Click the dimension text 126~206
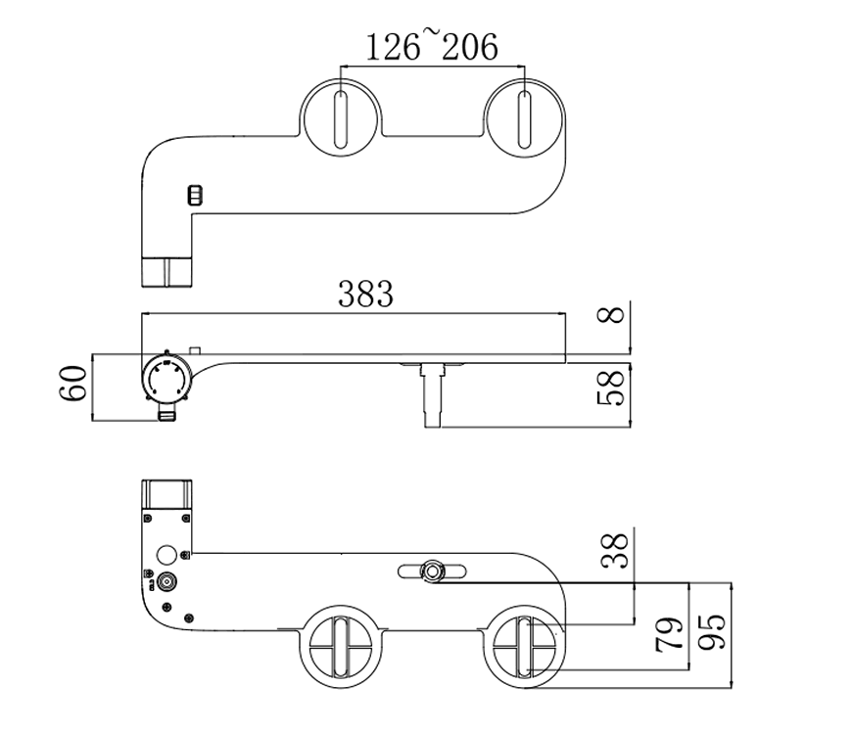click(432, 45)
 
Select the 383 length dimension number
click(365, 293)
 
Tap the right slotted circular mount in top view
click(525, 117)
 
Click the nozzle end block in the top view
click(168, 270)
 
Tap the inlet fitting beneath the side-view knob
click(168, 414)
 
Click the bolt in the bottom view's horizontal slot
click(431, 571)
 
